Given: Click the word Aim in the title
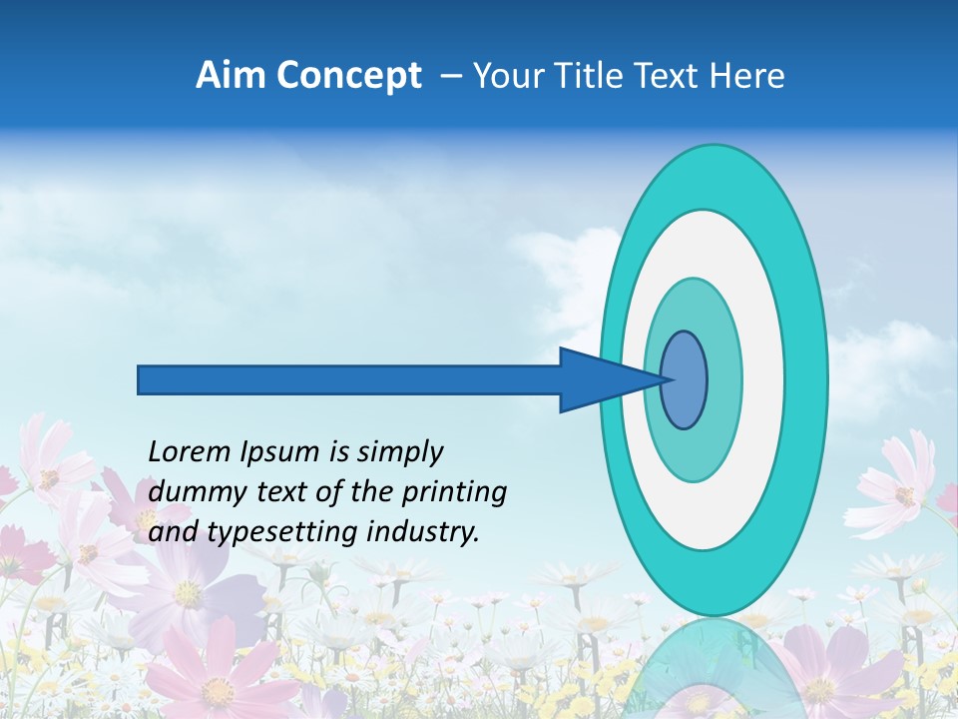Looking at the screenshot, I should [230, 76].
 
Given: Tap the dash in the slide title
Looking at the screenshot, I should [451, 77].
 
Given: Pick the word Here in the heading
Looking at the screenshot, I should [748, 76].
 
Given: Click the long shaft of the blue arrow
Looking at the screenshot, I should [349, 379].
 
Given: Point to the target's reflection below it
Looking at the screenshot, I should [714, 669].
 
